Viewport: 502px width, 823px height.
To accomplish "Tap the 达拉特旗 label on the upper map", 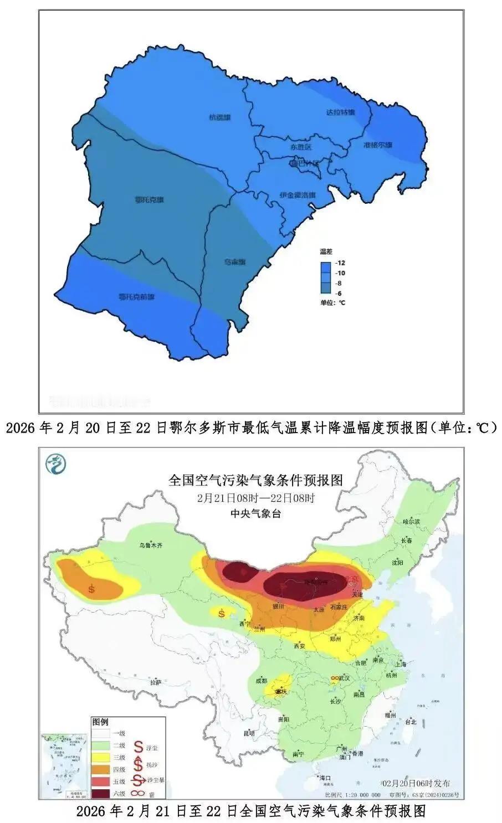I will coord(340,112).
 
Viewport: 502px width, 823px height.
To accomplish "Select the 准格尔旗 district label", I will coord(378,145).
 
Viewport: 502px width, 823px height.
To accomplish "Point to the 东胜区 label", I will coord(301,147).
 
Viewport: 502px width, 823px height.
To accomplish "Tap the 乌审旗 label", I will coord(234,261).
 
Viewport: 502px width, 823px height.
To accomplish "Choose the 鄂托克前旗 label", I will coord(136,297).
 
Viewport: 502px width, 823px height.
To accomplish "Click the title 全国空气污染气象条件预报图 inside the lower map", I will coord(255,480).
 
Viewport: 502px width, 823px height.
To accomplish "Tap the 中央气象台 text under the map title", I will coord(255,513).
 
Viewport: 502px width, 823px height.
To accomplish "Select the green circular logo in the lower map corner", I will coord(55,464).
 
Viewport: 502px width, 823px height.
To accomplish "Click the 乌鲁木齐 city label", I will coord(151,545).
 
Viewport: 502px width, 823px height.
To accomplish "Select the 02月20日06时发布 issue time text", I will coord(416,784).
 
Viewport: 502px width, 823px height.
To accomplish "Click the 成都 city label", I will coord(260,681).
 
